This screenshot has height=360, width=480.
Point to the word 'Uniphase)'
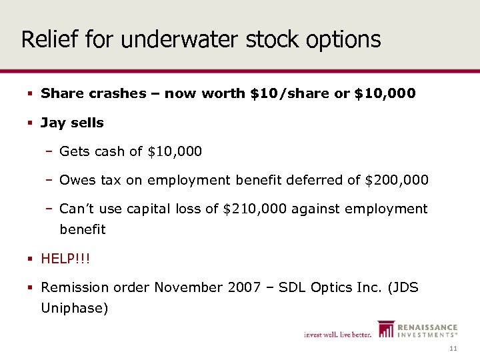coord(74,308)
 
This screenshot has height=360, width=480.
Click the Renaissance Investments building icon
coord(385,329)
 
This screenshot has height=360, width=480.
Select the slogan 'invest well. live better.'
coord(337,334)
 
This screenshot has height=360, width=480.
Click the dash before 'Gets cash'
coord(50,151)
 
